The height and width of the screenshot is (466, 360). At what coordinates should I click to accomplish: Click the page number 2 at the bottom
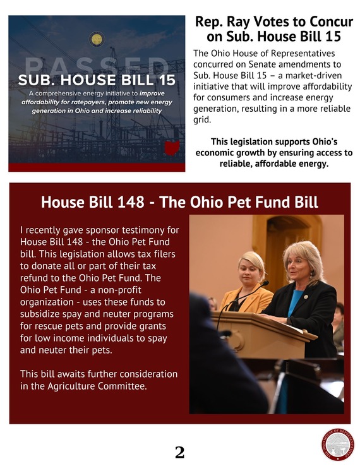click(x=179, y=452)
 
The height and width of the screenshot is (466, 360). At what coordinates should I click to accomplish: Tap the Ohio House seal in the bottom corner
click(x=338, y=445)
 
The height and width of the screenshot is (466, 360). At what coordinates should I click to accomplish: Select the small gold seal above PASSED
click(x=97, y=39)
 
